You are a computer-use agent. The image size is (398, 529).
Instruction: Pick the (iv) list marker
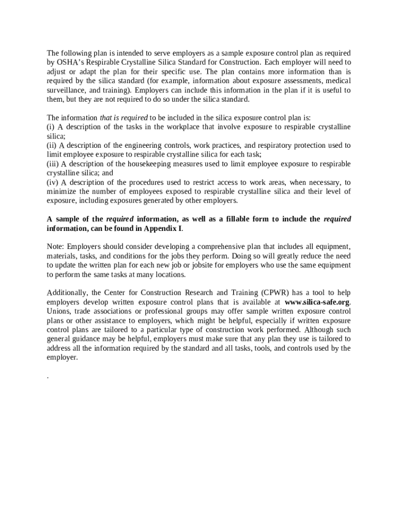click(x=52, y=182)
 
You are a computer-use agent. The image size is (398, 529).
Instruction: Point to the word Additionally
click(x=67, y=293)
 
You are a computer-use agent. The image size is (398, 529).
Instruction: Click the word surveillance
click(x=67, y=90)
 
